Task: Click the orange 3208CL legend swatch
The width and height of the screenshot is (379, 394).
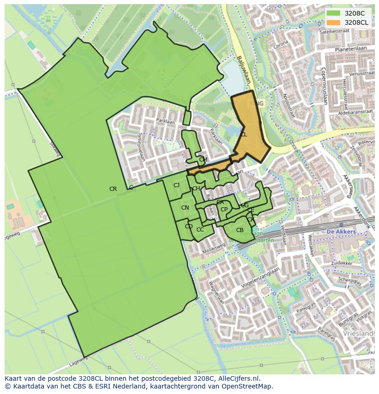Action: click(x=334, y=22)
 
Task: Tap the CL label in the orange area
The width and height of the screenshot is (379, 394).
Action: click(x=244, y=135)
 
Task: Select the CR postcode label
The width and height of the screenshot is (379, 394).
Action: click(x=113, y=189)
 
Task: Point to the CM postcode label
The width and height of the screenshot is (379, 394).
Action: click(x=203, y=160)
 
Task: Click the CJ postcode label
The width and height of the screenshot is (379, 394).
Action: click(x=176, y=185)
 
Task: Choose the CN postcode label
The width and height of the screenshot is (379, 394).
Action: click(x=185, y=208)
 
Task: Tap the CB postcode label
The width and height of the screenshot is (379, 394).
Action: click(x=240, y=230)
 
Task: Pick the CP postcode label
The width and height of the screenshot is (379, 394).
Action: click(x=224, y=210)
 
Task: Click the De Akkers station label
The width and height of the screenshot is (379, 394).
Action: click(x=341, y=232)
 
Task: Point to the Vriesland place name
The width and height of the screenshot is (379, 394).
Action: click(x=360, y=334)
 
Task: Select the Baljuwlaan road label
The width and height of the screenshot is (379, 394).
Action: click(x=244, y=69)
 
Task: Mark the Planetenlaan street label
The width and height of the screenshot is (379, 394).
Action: click(x=352, y=49)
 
